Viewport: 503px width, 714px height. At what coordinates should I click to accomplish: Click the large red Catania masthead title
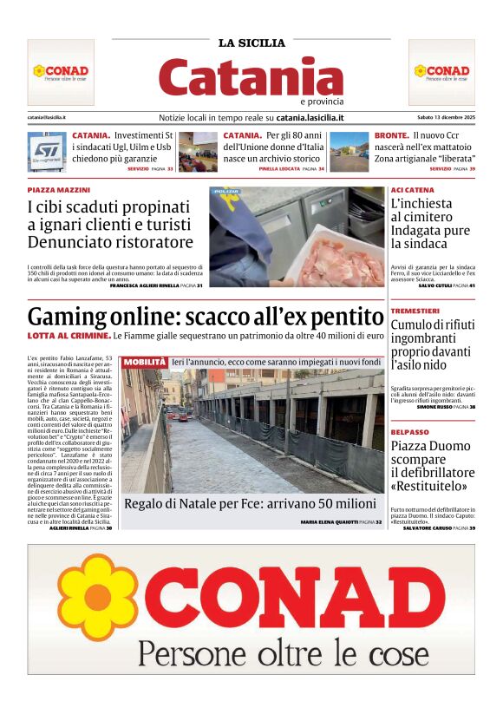point(251,77)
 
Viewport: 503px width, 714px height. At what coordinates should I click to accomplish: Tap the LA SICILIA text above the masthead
point(251,43)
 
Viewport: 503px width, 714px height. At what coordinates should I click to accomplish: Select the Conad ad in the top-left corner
point(61,72)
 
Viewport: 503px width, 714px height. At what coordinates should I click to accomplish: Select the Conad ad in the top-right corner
point(441,72)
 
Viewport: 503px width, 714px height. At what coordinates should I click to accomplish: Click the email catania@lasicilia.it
point(48,117)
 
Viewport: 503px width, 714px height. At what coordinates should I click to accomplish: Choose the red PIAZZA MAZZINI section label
point(57,188)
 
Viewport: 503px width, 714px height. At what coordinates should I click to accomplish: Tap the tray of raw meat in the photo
point(334,260)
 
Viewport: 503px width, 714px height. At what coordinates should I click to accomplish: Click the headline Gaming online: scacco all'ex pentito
point(205,316)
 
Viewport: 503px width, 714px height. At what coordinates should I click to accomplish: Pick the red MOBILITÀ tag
point(144,361)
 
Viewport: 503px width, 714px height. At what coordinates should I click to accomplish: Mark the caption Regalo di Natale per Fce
point(250,504)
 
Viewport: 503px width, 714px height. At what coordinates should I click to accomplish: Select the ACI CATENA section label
point(413,189)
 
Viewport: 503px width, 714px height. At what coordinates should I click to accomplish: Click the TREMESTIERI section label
point(415,311)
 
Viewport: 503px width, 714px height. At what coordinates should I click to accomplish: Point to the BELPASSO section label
point(410,431)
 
